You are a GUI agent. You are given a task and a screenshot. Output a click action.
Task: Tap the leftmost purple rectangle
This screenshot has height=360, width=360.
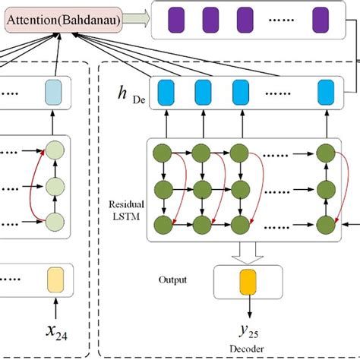pyautogui.click(x=176, y=18)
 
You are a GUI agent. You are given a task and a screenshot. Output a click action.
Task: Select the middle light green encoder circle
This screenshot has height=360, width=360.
pyautogui.click(x=53, y=186)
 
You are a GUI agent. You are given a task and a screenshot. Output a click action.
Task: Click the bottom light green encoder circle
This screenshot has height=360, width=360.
pyautogui.click(x=53, y=222)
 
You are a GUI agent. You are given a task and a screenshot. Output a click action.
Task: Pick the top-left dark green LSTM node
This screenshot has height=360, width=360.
pyautogui.click(x=163, y=150)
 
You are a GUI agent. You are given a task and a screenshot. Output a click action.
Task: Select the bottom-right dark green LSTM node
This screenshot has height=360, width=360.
pyautogui.click(x=324, y=223)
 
